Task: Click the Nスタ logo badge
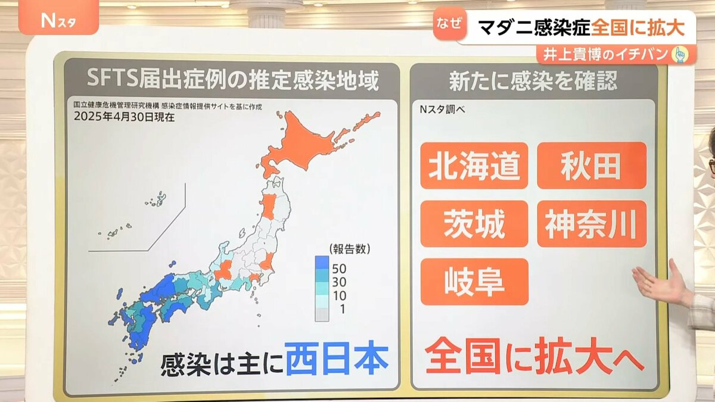coord(58,21)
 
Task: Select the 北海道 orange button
coord(474,166)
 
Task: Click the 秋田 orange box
coord(591,166)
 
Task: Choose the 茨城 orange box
coord(474,224)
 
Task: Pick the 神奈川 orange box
coord(591,224)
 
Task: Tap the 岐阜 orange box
coord(474,282)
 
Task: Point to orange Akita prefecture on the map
coord(268,205)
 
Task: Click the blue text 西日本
coord(337,360)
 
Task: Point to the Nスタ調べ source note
coord(443,109)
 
